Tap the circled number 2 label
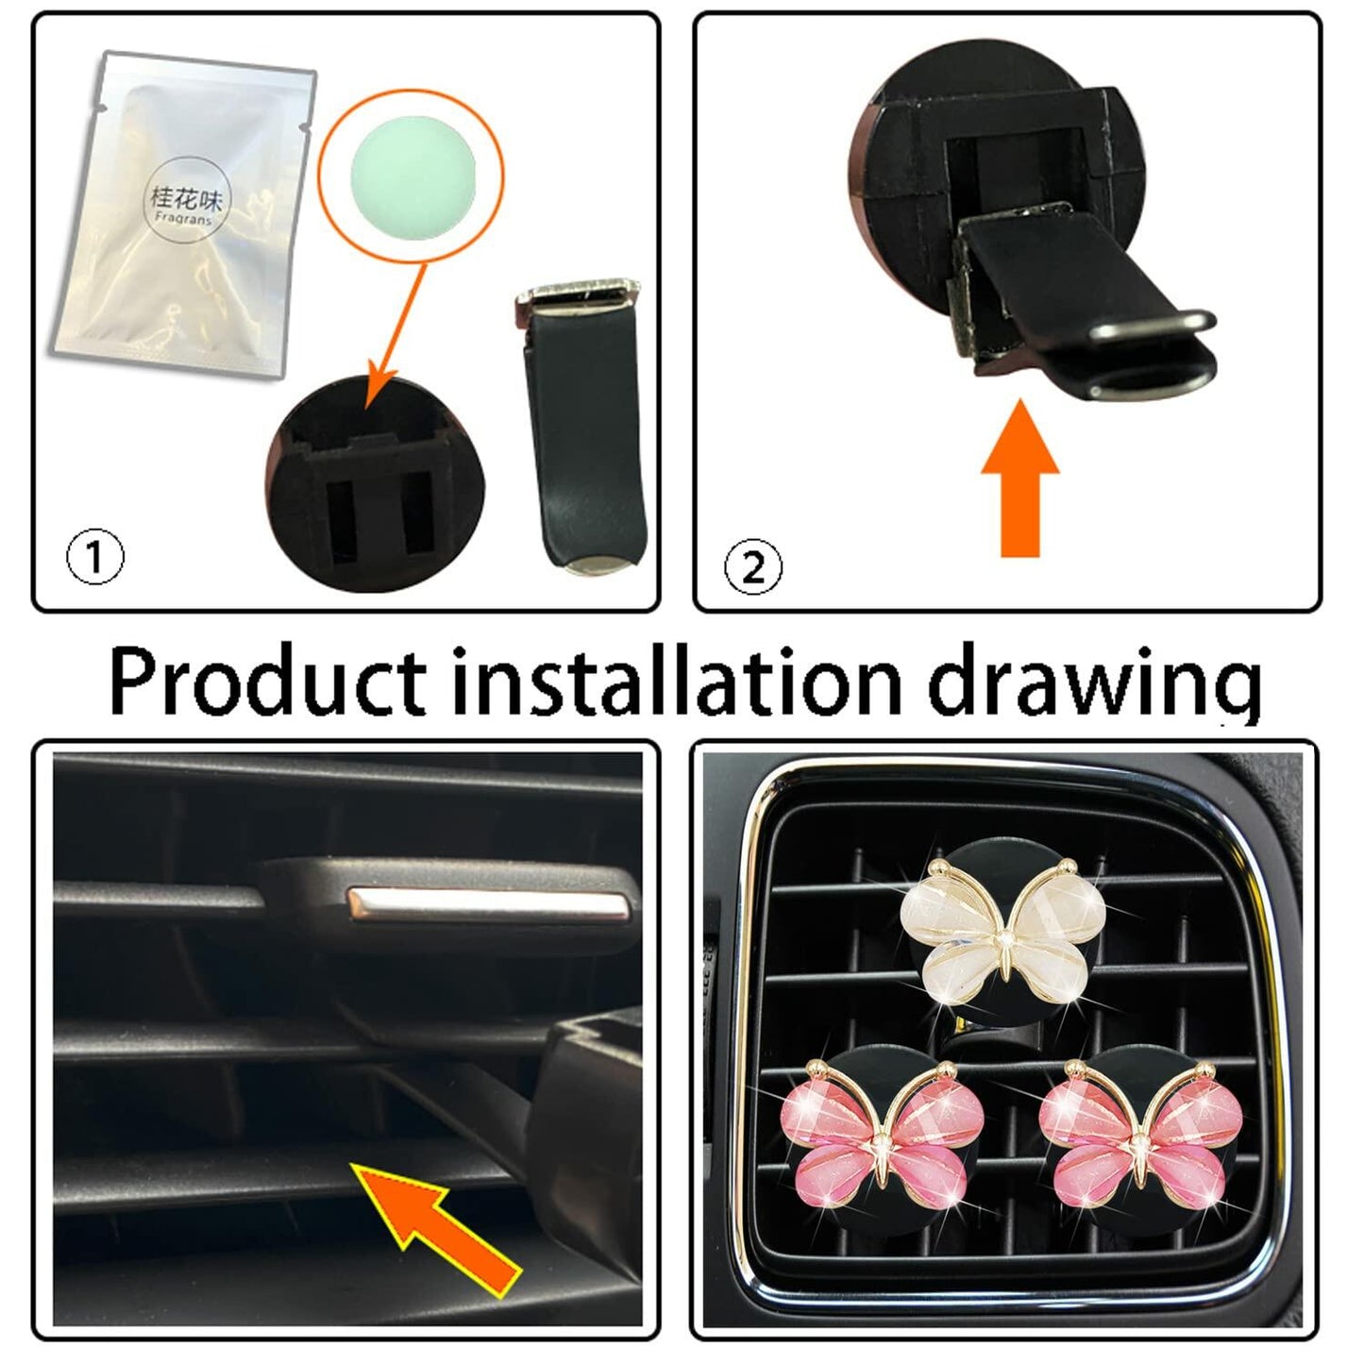(753, 566)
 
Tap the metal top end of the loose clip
(578, 295)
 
